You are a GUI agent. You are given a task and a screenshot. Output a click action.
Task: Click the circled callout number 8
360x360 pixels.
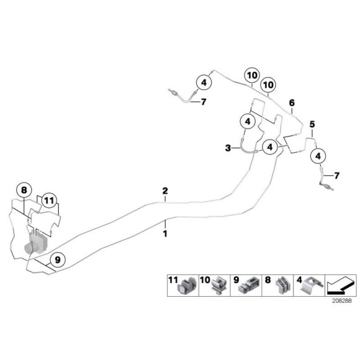tap(24, 191)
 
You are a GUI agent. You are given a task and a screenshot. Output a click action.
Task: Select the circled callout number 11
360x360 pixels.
tap(49, 201)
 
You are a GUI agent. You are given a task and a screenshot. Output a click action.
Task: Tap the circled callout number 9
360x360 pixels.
tap(58, 260)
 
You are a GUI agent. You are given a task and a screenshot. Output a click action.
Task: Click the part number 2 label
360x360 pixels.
tap(165, 191)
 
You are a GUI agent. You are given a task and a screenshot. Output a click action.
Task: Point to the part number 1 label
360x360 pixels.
tap(165, 234)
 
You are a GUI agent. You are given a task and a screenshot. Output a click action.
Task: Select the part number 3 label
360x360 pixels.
tap(228, 148)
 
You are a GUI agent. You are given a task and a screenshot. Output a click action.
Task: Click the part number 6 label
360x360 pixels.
tap(292, 103)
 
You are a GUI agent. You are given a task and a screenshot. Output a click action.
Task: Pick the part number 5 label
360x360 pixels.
tap(312, 124)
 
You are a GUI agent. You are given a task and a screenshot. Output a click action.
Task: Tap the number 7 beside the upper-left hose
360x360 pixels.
tap(204, 102)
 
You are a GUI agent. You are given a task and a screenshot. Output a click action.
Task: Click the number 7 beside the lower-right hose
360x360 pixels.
tap(336, 176)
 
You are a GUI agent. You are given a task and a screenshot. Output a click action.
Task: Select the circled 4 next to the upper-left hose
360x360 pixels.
tap(204, 82)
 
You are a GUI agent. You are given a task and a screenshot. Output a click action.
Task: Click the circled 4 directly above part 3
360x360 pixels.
tap(248, 122)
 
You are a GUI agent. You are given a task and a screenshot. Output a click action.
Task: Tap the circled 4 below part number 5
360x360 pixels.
tap(318, 156)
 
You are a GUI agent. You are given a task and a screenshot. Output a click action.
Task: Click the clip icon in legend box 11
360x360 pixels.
tap(187, 286)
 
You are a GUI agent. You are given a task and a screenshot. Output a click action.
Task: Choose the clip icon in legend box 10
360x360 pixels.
tap(218, 286)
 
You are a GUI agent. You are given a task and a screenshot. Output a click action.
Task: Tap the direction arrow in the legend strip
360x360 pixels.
tap(341, 286)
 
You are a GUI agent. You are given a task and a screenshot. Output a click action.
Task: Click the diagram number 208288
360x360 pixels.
tap(341, 301)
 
